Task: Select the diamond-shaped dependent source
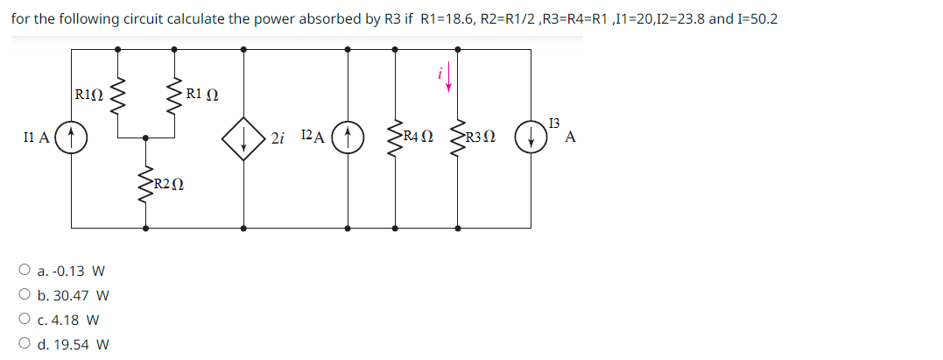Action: (243, 137)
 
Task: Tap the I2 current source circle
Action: (349, 137)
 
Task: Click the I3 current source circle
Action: (531, 138)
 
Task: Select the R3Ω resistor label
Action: (481, 138)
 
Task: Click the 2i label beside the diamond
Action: (278, 138)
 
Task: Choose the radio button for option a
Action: (24, 272)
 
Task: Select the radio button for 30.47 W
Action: (24, 296)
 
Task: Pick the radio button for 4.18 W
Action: (24, 320)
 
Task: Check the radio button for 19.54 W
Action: (24, 344)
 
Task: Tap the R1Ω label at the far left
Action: (89, 95)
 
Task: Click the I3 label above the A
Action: (553, 123)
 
